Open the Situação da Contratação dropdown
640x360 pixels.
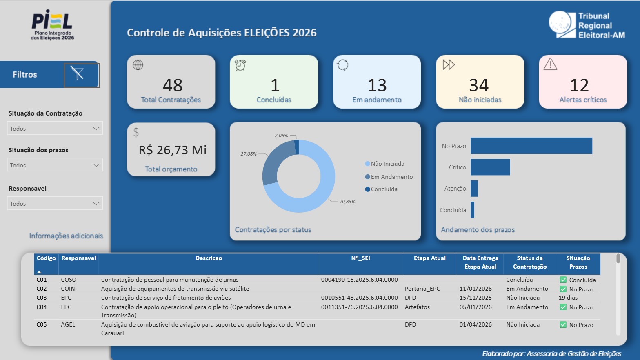click(55, 128)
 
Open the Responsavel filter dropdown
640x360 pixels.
click(55, 203)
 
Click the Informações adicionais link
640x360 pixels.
click(66, 236)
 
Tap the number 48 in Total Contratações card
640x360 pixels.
click(173, 85)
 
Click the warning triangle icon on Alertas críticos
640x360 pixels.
click(550, 64)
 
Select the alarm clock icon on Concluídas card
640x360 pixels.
click(240, 65)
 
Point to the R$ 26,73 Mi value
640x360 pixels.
click(173, 150)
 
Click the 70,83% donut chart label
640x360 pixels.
click(347, 202)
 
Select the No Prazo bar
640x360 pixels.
click(531, 146)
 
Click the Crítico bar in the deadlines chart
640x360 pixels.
click(490, 167)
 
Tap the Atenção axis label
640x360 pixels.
click(455, 189)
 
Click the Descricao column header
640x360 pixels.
click(209, 258)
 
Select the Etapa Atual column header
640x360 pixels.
click(429, 258)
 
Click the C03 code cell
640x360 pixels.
click(42, 298)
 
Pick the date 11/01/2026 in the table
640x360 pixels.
click(476, 289)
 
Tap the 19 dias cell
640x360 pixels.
click(568, 298)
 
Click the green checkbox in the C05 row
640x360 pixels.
click(563, 325)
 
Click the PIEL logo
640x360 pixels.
click(52, 24)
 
